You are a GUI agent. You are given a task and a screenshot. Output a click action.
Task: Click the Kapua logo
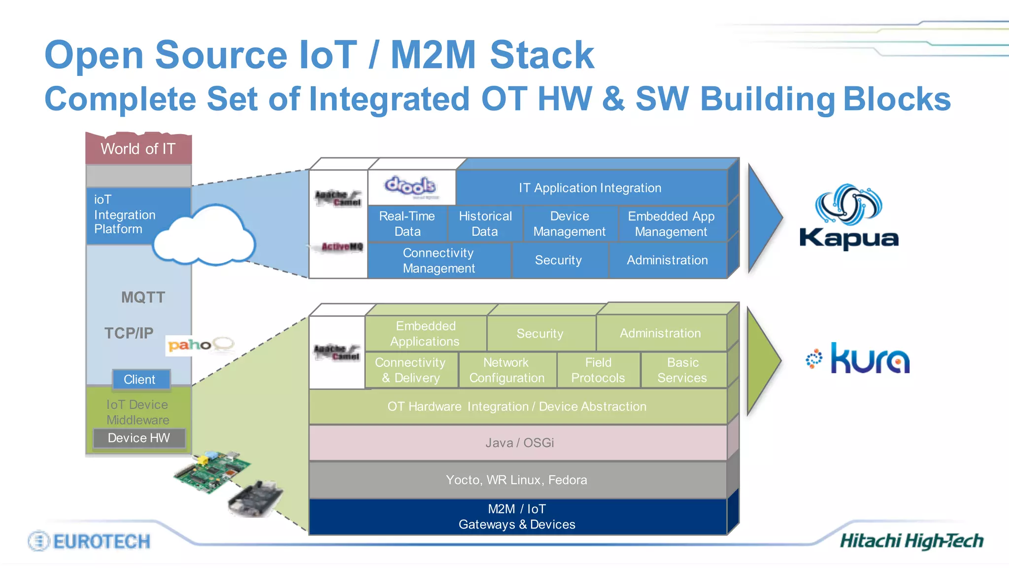849,217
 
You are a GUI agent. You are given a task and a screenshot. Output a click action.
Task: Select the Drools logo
410,186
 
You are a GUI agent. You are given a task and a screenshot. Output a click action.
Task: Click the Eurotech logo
90,541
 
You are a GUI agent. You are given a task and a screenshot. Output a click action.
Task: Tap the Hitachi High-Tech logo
911,541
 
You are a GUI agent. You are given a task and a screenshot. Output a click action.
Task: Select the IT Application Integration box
590,188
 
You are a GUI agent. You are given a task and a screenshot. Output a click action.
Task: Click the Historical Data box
485,224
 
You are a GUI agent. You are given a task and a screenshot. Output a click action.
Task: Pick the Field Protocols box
598,370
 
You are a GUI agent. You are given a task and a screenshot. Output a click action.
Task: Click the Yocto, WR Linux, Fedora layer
517,480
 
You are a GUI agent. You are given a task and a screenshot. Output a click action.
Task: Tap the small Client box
140,380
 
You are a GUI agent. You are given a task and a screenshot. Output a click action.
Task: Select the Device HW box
139,438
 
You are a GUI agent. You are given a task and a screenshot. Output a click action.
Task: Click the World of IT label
138,149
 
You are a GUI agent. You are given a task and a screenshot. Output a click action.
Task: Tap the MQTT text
143,297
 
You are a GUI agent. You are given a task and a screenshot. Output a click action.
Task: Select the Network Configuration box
507,370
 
